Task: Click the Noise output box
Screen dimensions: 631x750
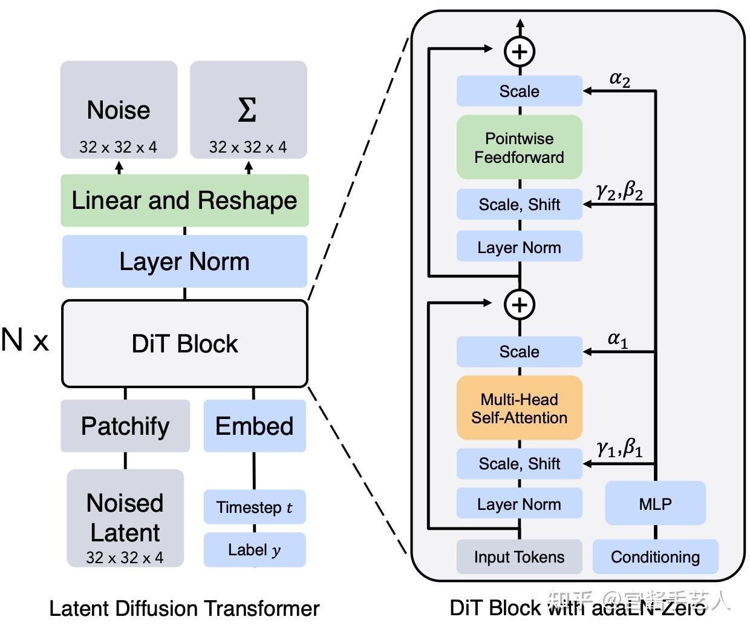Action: pos(119,110)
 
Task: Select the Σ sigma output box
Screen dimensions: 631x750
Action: pos(248,110)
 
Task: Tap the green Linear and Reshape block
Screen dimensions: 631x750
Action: pos(184,200)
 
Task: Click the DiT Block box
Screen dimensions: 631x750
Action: pos(184,343)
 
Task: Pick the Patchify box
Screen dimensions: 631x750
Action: pos(125,426)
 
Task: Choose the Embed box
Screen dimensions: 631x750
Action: pos(254,426)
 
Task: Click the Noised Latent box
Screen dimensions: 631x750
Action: pos(125,518)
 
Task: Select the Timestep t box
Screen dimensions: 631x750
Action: pos(254,507)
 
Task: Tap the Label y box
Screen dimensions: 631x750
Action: pos(254,550)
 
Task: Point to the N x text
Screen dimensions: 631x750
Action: pos(25,340)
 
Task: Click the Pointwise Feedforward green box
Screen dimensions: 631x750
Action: pos(519,148)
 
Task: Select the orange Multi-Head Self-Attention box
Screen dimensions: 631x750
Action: pos(519,408)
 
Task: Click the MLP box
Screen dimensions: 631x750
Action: pos(655,503)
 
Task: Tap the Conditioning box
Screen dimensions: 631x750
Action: pos(655,557)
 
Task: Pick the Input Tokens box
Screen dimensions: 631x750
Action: pos(519,557)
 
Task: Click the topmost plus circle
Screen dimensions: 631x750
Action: pos(520,51)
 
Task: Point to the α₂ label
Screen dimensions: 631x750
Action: pos(619,78)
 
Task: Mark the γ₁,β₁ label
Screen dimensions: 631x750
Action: pos(619,449)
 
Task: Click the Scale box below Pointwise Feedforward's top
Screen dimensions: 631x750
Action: pos(519,91)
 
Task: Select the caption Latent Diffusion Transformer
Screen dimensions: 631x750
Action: pos(184,608)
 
